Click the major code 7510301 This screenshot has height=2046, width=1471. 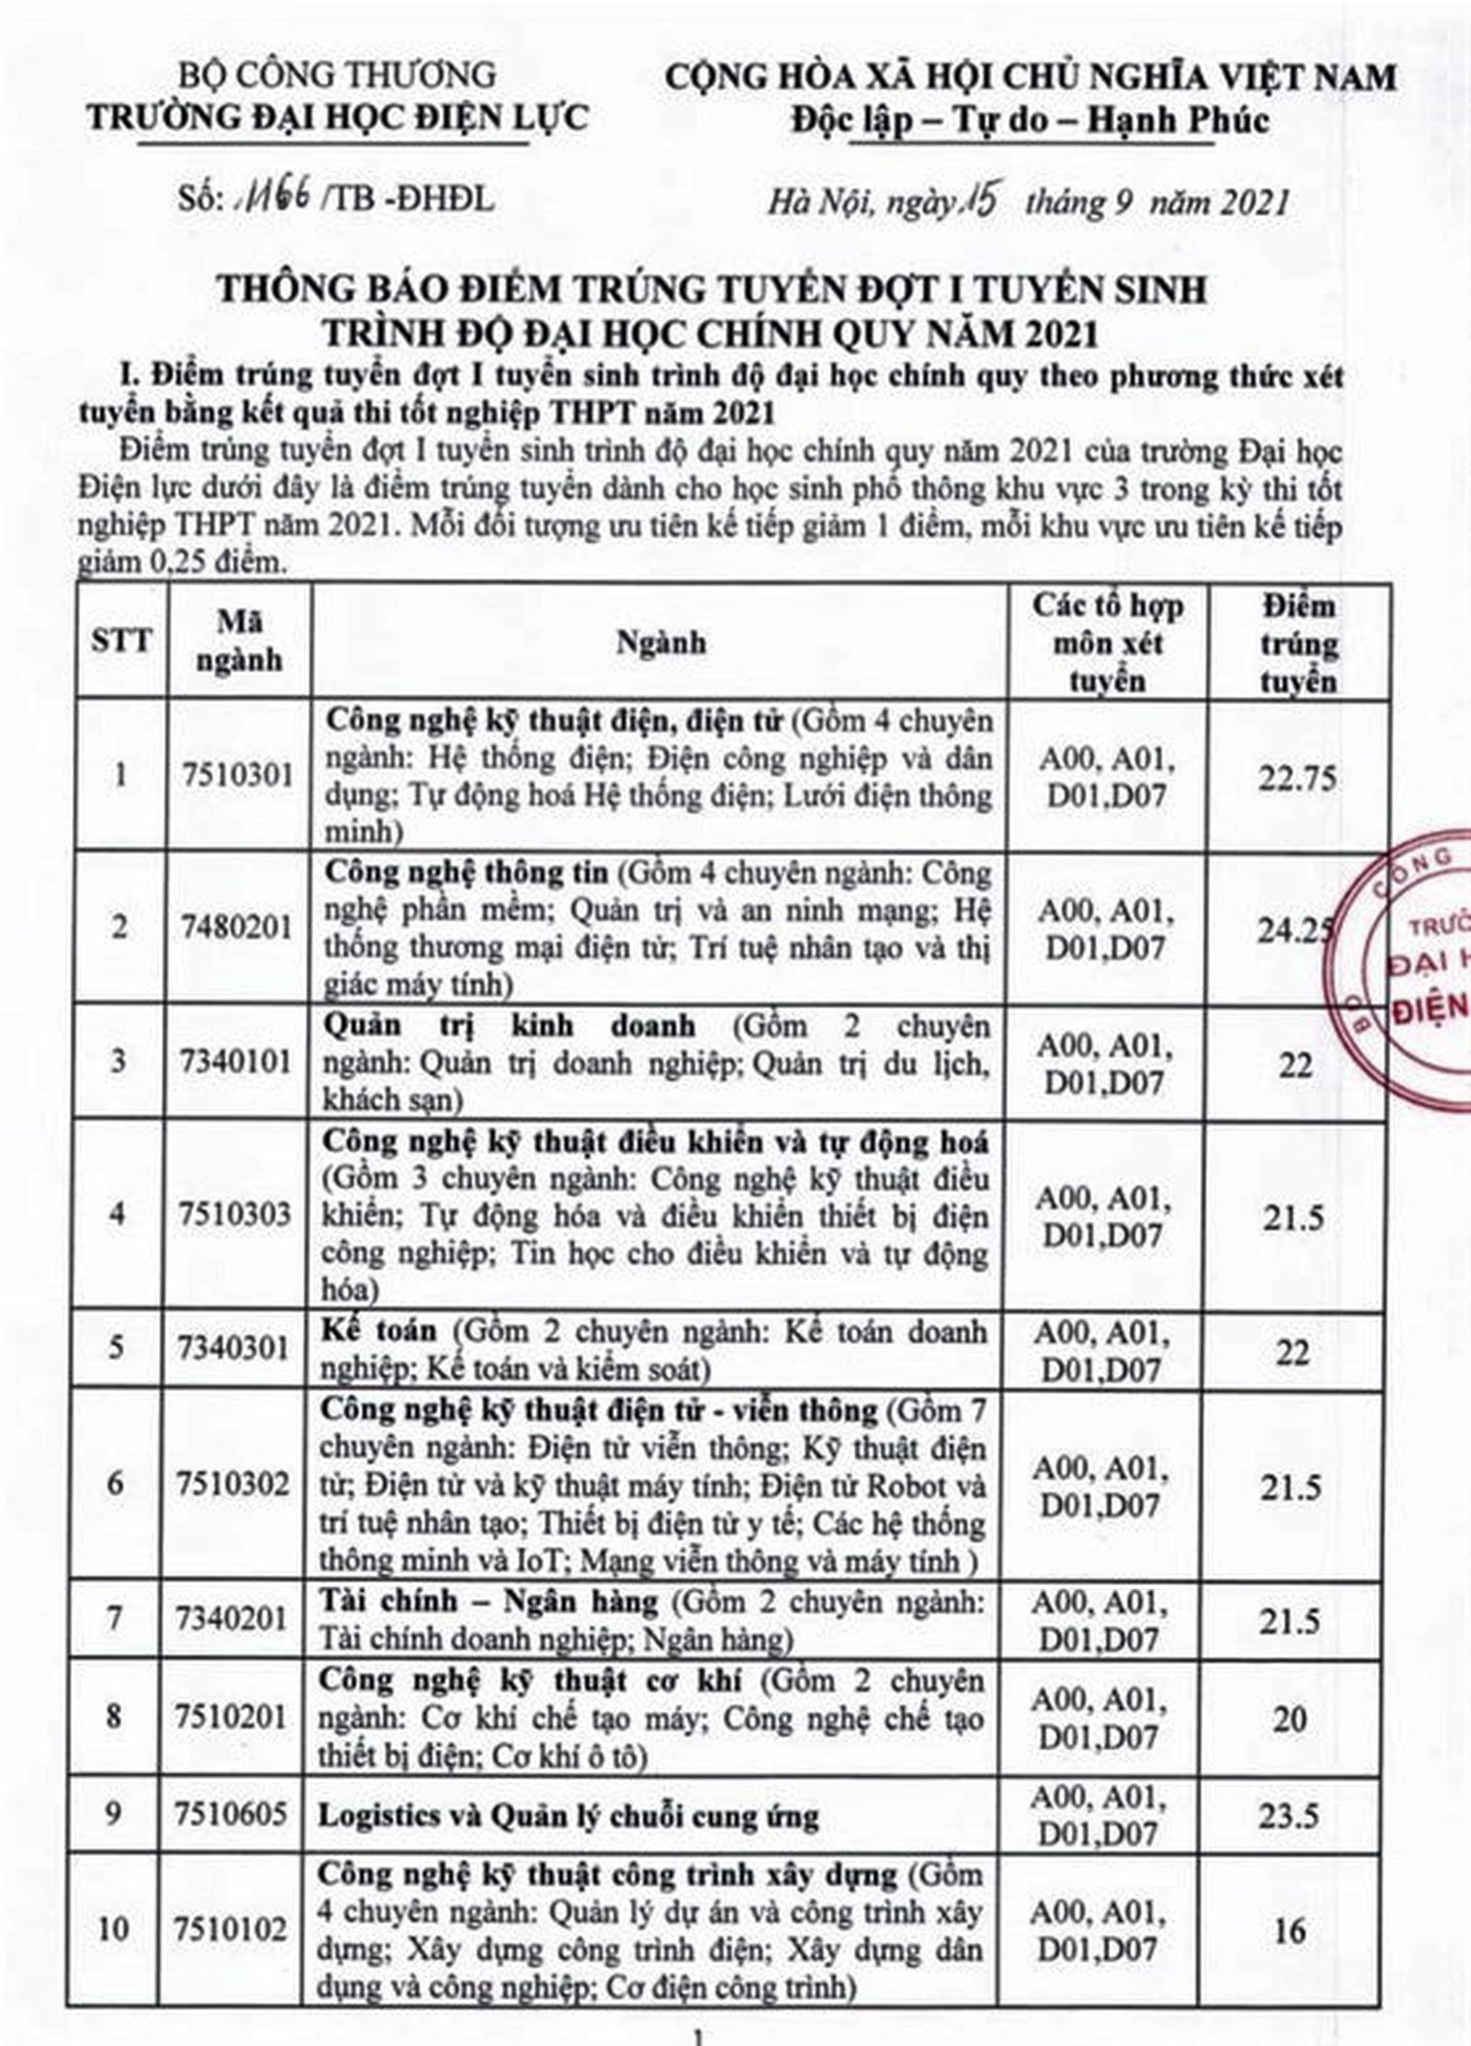(x=237, y=775)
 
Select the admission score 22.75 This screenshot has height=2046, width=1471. (x=1297, y=778)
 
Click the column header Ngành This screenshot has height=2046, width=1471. (x=660, y=642)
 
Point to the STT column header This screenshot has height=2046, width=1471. (x=121, y=640)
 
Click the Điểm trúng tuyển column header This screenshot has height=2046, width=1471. (x=1298, y=643)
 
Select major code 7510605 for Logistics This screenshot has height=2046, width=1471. (x=234, y=1812)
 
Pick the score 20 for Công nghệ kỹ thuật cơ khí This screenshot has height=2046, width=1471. (x=1290, y=1717)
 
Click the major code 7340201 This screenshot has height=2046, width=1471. (x=234, y=1617)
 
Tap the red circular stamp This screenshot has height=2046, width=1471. (x=1411, y=956)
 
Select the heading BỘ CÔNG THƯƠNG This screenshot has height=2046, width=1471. (x=336, y=74)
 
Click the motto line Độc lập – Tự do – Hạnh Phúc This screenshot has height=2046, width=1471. (x=1030, y=120)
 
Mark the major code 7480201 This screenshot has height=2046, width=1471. (x=236, y=927)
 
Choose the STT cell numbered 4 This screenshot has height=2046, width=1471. (x=118, y=1214)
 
